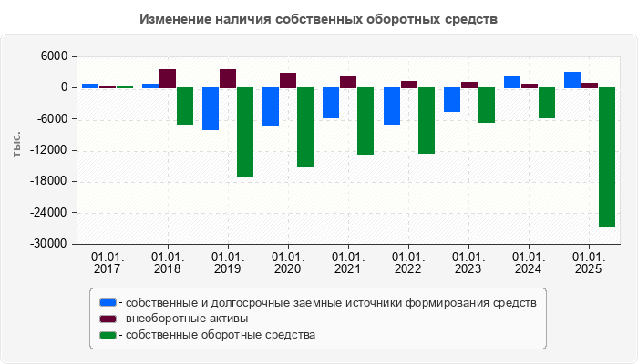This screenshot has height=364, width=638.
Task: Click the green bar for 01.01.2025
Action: pos(606,157)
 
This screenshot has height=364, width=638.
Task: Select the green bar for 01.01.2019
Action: pos(245,132)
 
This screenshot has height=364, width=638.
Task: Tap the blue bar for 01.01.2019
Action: pos(211,108)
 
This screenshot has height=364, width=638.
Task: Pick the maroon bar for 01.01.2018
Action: pos(168,78)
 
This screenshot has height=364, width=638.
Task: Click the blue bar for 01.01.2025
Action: pos(571,80)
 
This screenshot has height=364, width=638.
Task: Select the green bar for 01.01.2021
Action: pos(365,121)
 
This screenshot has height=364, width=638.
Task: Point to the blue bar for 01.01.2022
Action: pos(391,106)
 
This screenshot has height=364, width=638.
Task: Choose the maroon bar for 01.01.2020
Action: pos(288,80)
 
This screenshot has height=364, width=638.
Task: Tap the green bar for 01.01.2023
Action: pos(486,105)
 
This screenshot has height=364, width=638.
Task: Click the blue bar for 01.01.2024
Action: pos(511,82)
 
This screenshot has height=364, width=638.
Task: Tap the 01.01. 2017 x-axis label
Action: pos(108,263)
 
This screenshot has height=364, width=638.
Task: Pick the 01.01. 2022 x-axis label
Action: pos(408,263)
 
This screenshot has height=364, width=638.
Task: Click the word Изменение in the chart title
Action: pos(179,18)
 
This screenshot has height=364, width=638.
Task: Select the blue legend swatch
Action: pos(108,302)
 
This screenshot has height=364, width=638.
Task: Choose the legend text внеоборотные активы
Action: pos(187,318)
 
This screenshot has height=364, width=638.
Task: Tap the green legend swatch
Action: pos(108,335)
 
